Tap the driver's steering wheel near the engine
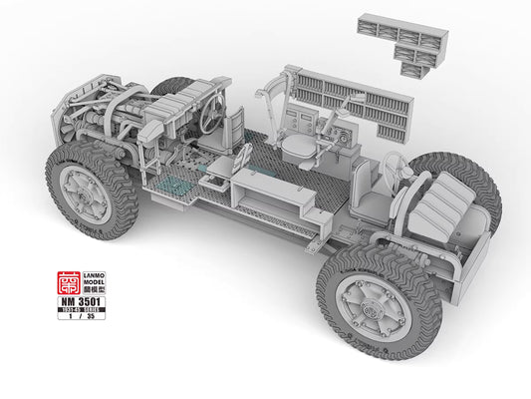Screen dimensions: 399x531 (213, 117)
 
